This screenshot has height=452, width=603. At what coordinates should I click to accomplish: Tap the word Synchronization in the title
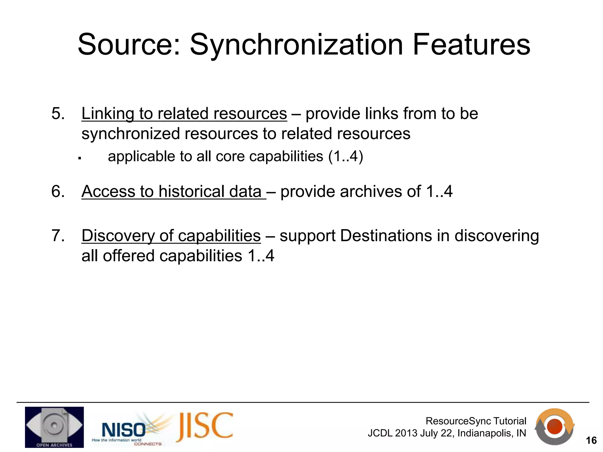point(296,45)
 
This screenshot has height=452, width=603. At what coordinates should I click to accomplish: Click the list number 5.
point(58,114)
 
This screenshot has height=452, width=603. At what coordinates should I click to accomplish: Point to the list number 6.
point(58,192)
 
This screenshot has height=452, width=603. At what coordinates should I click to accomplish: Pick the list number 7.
point(58,236)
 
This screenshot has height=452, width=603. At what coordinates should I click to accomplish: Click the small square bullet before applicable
point(79,158)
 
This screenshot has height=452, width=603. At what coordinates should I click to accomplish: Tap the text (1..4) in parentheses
point(346,156)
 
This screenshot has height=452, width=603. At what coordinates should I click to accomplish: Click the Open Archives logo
point(54,427)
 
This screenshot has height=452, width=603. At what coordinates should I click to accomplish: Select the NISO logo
point(124,430)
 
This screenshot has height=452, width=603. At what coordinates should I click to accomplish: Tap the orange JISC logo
point(205,426)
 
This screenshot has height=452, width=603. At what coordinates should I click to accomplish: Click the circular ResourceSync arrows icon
point(554,426)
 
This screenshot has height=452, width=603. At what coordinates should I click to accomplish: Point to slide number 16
point(591,441)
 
